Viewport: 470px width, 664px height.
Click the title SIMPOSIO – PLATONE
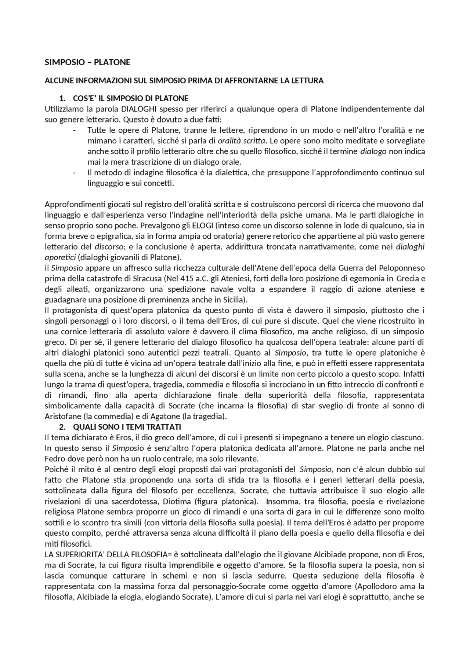87,62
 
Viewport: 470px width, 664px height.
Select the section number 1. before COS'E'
62,98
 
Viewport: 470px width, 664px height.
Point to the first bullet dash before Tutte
75,130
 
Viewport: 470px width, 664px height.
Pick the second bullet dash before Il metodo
75,173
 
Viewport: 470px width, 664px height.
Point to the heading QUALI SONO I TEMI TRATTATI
127,427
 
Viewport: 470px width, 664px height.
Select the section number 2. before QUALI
62,427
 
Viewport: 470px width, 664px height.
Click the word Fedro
54,459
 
